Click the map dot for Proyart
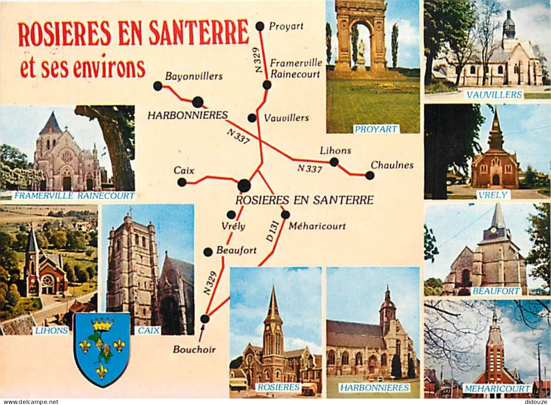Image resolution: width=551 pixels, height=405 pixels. pyautogui.click(x=260, y=26)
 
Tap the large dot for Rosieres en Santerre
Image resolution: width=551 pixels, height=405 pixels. pyautogui.click(x=244, y=185)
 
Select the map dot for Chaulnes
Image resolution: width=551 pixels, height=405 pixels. pyautogui.click(x=370, y=175)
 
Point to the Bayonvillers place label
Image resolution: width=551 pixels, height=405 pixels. pyautogui.click(x=194, y=76)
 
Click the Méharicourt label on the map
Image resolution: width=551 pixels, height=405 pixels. pyautogui.click(x=317, y=226)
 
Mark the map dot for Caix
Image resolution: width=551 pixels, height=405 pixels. pyautogui.click(x=182, y=182)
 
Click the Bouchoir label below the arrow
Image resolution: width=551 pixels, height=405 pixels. pyautogui.click(x=194, y=349)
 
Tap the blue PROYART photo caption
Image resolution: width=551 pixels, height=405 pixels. pyautogui.click(x=375, y=129)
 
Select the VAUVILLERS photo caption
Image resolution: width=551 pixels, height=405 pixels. pyautogui.click(x=494, y=95)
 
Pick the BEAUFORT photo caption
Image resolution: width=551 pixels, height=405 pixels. pyautogui.click(x=496, y=291)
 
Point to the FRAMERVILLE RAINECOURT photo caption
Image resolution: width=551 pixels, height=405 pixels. pyautogui.click(x=73, y=196)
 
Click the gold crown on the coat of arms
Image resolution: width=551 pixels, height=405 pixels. pyautogui.click(x=102, y=324)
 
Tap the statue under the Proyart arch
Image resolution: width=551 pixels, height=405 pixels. pyautogui.click(x=361, y=52)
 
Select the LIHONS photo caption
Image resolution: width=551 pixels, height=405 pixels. pyautogui.click(x=52, y=331)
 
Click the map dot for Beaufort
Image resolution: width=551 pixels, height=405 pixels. pyautogui.click(x=208, y=252)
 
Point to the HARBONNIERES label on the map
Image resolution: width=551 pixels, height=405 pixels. pyautogui.click(x=188, y=115)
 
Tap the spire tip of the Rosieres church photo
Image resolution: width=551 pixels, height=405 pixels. pyautogui.click(x=274, y=286)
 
